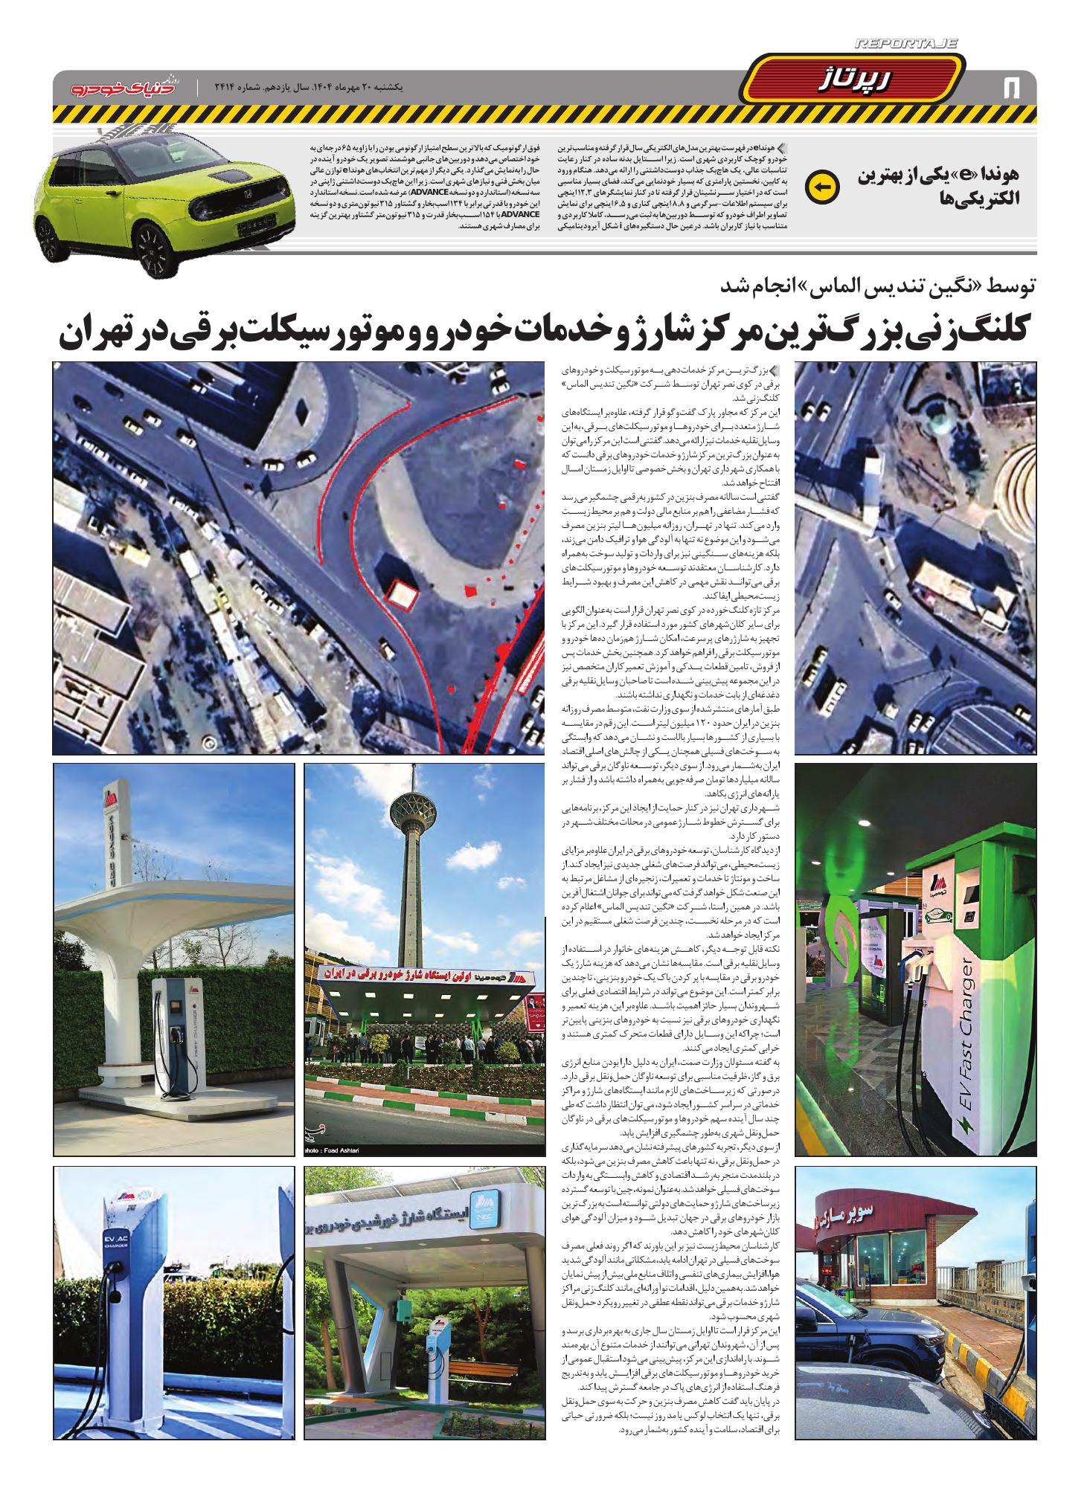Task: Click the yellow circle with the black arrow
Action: pyautogui.click(x=822, y=187)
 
